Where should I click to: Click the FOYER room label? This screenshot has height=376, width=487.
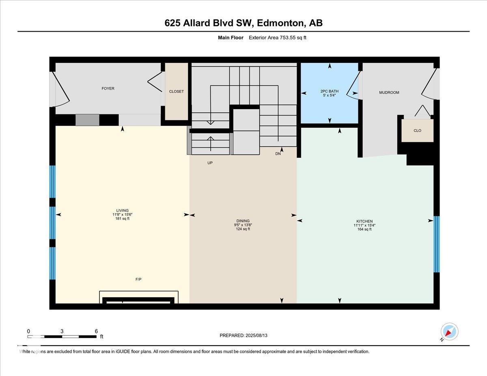pos(108,88)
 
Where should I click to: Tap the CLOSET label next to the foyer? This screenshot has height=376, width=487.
pos(176,92)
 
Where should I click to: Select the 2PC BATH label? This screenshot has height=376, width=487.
pos(329,92)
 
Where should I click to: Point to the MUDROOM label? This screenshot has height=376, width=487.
pos(389,92)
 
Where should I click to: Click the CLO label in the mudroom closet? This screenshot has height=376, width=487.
pos(417,131)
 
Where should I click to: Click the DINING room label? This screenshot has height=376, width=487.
pos(243,221)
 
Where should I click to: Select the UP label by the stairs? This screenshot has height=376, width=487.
pos(210,163)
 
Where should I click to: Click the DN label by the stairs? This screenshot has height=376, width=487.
pos(278,154)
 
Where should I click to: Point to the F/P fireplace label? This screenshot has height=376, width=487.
pos(138,279)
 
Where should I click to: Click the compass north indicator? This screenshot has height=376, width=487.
pos(449,332)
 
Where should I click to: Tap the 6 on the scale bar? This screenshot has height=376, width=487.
pos(96,331)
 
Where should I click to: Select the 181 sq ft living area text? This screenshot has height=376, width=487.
pos(122,219)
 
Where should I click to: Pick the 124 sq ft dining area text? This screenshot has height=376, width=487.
pos(243,229)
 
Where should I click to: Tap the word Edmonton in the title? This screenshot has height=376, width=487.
pos(280,23)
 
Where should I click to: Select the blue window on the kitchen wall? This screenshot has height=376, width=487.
pos(436,244)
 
